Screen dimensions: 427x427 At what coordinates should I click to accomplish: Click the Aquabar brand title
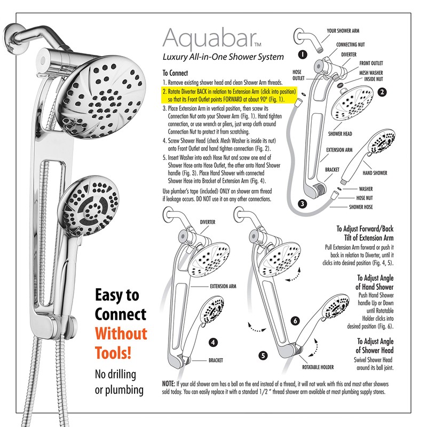pos(210,39)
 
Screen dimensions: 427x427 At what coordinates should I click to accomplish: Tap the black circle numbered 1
pos(303,54)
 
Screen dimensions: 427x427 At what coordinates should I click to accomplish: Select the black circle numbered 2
pos(382,92)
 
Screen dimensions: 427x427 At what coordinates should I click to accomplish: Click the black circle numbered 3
pos(302,203)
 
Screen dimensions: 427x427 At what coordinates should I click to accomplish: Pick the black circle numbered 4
pos(213,342)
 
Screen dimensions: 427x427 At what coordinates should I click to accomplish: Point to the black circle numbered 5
pos(263,355)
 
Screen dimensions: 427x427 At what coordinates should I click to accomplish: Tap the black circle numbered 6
pos(295,321)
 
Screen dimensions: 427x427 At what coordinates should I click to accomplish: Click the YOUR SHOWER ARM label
pos(343,31)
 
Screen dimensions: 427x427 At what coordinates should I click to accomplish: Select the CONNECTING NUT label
pos(350,44)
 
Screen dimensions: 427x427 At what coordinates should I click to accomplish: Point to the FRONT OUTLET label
pos(371,63)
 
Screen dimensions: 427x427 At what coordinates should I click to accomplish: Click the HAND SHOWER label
pos(375,173)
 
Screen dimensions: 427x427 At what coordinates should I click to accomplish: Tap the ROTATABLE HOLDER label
pos(318,367)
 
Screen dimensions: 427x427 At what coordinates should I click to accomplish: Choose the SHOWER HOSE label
pos(361,207)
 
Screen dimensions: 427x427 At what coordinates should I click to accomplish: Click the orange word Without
pos(121,333)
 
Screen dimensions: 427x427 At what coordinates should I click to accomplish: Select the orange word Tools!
pos(113,353)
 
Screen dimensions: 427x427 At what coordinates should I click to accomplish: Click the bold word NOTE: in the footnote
pos(169,384)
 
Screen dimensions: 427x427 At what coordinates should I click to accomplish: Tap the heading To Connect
pos(175,73)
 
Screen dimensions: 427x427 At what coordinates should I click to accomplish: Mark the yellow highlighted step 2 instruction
pos(230,96)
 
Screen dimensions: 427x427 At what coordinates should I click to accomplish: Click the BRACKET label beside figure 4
pos(216,360)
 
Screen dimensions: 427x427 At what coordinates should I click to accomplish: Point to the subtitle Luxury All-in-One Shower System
pos(223,57)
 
